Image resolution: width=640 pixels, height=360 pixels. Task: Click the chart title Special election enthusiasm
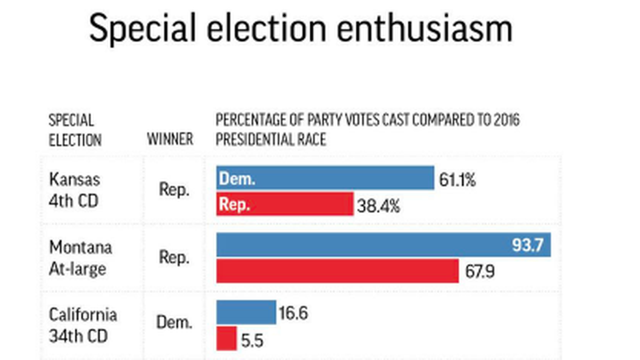click(301, 28)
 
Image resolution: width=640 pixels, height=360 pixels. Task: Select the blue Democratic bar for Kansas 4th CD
click(325, 178)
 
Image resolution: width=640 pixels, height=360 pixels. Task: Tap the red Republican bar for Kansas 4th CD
click(285, 204)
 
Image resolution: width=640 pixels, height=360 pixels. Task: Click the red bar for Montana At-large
click(337, 271)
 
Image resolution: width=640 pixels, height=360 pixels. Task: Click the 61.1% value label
click(457, 180)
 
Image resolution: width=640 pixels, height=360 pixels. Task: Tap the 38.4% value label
click(379, 206)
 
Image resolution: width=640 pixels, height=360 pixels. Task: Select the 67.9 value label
click(479, 272)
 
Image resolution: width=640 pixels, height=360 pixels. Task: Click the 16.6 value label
click(293, 313)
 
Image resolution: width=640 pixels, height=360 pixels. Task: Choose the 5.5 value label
click(252, 340)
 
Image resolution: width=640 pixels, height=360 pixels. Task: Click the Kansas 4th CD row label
click(74, 190)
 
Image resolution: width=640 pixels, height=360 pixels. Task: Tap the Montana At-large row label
click(81, 258)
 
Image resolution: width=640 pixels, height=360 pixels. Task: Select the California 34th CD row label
click(83, 325)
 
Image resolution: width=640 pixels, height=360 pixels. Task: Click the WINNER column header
click(170, 139)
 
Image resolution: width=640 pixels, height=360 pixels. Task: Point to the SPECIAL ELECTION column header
click(75, 130)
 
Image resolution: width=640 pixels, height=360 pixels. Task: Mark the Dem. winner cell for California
click(174, 322)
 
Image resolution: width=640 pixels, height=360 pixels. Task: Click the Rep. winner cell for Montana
click(174, 257)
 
